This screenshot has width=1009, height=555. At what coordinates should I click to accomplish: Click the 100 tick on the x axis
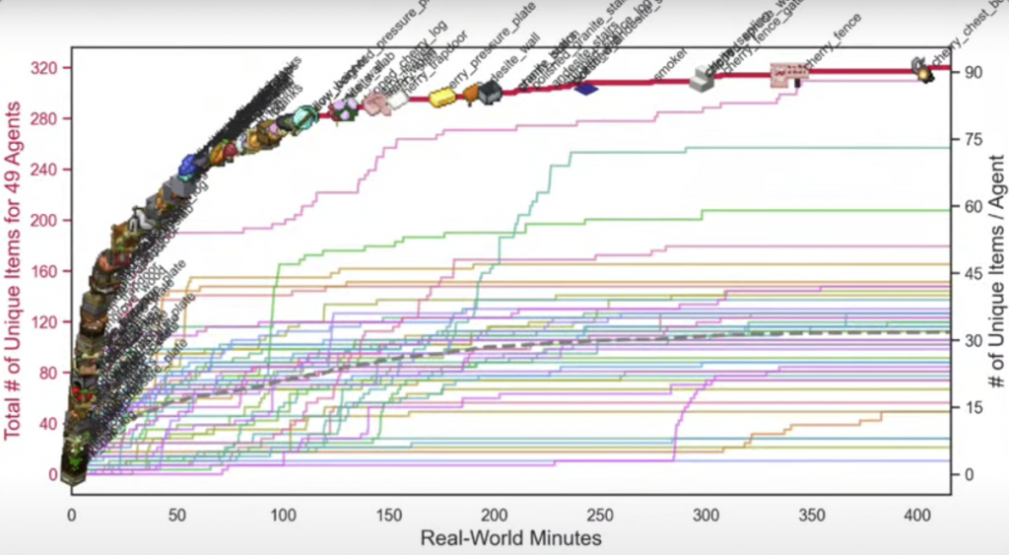pyautogui.click(x=283, y=515)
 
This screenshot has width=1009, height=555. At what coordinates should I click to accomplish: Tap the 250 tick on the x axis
pyautogui.click(x=600, y=515)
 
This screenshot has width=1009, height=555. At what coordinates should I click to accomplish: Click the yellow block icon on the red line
pyautogui.click(x=441, y=96)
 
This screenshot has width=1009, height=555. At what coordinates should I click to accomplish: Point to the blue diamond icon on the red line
pyautogui.click(x=587, y=88)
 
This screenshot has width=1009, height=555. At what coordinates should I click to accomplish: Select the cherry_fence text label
pyautogui.click(x=833, y=43)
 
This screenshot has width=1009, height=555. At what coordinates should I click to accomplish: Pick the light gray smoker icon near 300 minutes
pyautogui.click(x=703, y=80)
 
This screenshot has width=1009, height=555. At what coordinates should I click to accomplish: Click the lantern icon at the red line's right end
pyautogui.click(x=924, y=69)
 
